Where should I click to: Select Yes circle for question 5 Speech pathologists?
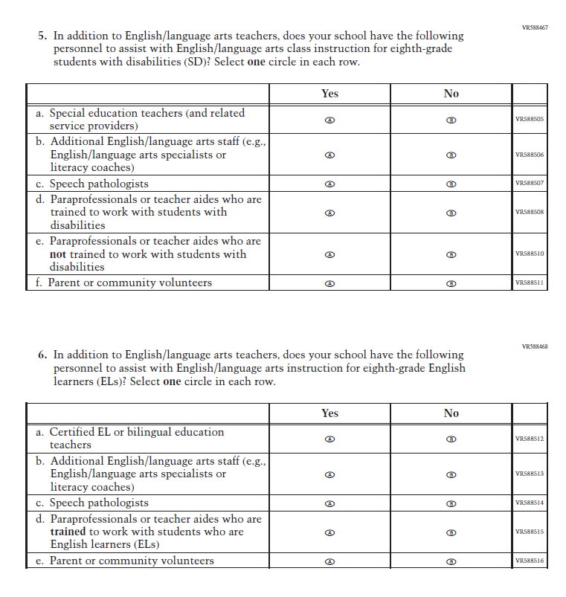coord(330,184)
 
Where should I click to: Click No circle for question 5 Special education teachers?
coord(451,120)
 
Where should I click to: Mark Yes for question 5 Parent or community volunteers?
coord(330,283)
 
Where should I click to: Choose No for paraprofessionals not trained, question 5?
coord(451,254)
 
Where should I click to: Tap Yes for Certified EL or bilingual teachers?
coord(330,439)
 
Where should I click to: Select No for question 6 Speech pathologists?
coord(451,503)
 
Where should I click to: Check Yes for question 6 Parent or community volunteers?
coord(330,561)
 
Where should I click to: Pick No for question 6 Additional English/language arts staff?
coord(451,474)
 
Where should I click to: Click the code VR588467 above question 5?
coord(535,28)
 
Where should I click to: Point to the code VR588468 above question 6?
coord(535,346)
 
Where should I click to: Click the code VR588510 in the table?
coord(530,254)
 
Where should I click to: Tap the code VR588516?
coord(530,561)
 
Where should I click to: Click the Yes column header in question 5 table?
coord(329,94)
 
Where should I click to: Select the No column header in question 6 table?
coord(451,413)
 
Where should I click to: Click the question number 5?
coord(42,36)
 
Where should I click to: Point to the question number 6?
coord(42,355)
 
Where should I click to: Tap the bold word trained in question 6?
coord(68,532)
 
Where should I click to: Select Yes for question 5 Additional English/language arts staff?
coord(330,155)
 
